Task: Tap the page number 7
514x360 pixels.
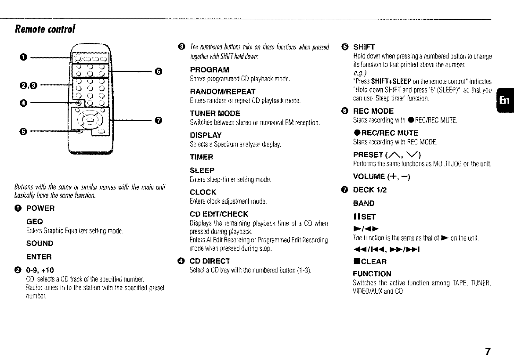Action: tap(488, 351)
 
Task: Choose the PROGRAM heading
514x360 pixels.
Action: tap(210, 70)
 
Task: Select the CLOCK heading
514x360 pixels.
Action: tap(203, 192)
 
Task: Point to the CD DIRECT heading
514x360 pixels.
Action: tap(210, 261)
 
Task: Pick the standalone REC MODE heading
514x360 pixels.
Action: tap(373, 111)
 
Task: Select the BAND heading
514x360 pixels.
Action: tap(364, 203)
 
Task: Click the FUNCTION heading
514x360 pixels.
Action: tap(372, 274)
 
